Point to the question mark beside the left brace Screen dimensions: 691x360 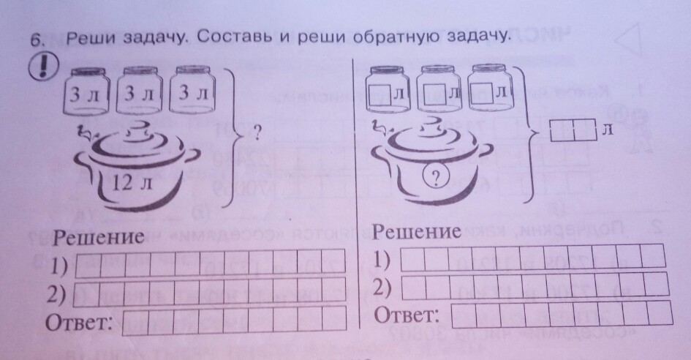[x=258, y=134]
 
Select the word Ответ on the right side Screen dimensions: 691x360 [x=406, y=316]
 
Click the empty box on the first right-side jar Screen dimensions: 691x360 [x=380, y=94]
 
